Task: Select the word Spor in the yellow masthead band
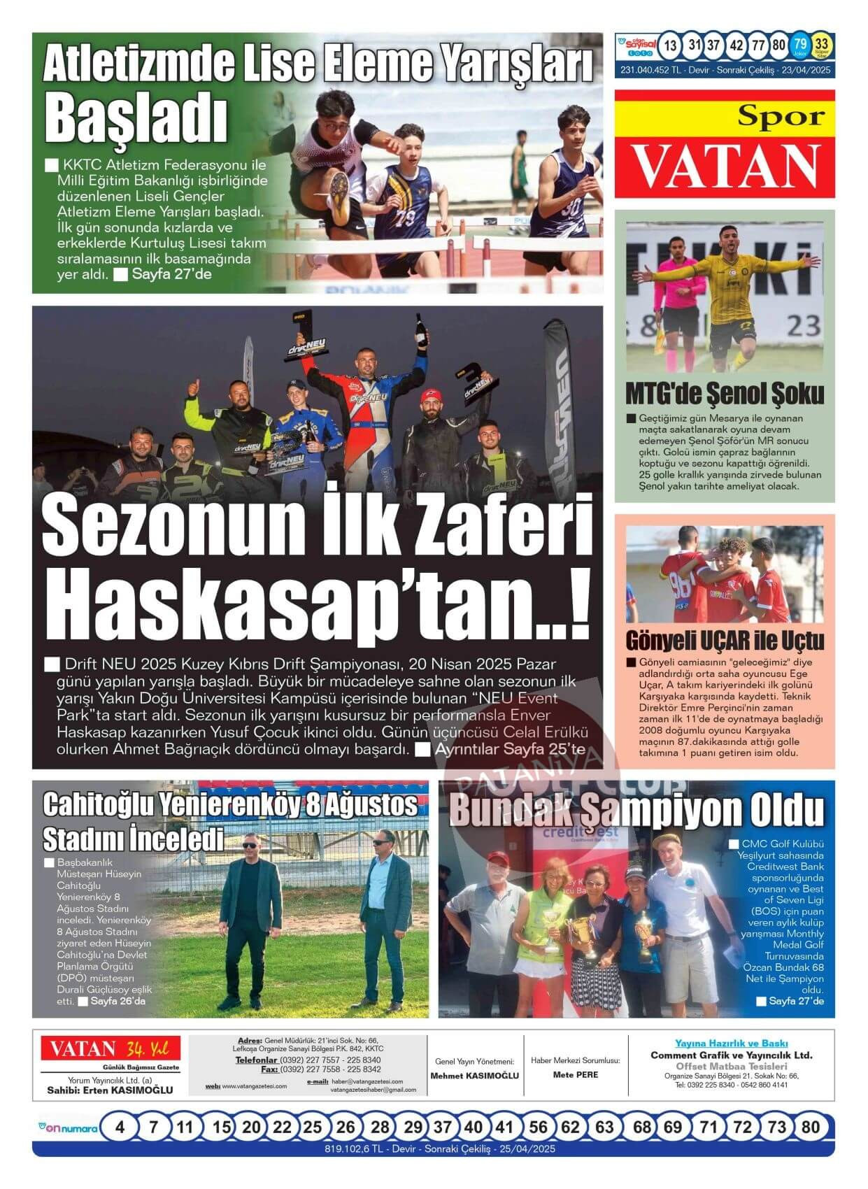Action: (x=781, y=116)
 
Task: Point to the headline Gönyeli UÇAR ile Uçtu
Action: (x=725, y=640)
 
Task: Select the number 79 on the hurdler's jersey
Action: (x=404, y=218)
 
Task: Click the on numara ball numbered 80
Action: (x=811, y=1127)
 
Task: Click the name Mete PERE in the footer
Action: (x=576, y=1075)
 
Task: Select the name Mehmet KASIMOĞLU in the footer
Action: (x=475, y=1076)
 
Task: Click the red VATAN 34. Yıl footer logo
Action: (x=110, y=1049)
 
